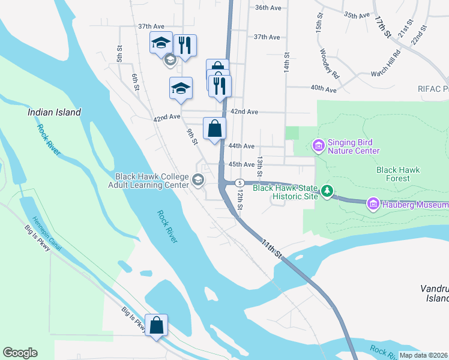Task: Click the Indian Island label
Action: [x=54, y=112]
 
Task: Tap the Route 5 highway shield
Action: [x=239, y=182]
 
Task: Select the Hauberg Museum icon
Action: [x=373, y=205]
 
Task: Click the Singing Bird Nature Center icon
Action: [x=318, y=146]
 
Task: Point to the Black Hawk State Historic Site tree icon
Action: [x=327, y=191]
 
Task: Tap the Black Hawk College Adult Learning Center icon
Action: [x=197, y=179]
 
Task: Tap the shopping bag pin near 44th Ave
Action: [x=214, y=128]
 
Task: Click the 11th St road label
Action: [x=271, y=248]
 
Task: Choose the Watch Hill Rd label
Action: [x=385, y=67]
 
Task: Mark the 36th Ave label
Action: [x=268, y=8]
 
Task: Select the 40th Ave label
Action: [x=323, y=89]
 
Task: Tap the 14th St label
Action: [x=287, y=62]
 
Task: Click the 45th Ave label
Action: [x=241, y=164]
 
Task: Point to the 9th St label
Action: [x=192, y=137]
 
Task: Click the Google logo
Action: [x=20, y=353]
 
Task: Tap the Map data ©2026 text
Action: [x=423, y=355]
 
